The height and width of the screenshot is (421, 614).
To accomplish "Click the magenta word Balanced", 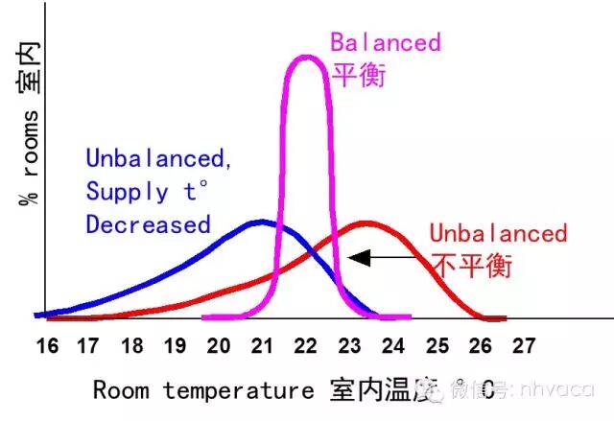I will click(x=386, y=43).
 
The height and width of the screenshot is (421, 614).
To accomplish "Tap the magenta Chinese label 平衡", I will click(x=358, y=75).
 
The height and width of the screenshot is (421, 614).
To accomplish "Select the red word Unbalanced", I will click(x=498, y=233).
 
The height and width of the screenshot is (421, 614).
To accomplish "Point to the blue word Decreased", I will click(x=148, y=224).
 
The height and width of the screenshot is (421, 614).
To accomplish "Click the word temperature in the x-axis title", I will click(x=237, y=389).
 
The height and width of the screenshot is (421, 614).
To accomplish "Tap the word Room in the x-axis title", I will click(x=123, y=389).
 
